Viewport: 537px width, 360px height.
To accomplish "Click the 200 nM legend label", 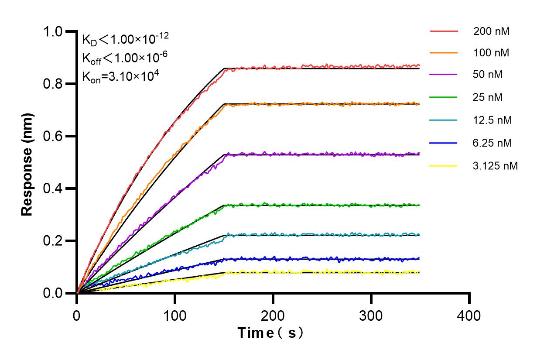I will pyautogui.click(x=492, y=31).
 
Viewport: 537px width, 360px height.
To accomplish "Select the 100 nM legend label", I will pyautogui.click(x=492, y=53).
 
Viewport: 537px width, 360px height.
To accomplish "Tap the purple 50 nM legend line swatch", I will pyautogui.click(x=444, y=75).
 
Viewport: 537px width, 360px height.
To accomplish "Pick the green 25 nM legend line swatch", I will pyautogui.click(x=444, y=97).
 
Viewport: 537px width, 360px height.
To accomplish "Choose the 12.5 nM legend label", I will pyautogui.click(x=493, y=120).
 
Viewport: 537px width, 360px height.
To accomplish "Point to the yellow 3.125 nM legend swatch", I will pyautogui.click(x=444, y=166).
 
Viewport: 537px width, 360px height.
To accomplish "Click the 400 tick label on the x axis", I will pyautogui.click(x=469, y=315).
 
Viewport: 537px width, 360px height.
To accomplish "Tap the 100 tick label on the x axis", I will pyautogui.click(x=175, y=315).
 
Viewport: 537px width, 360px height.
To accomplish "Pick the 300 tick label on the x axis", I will pyautogui.click(x=371, y=315).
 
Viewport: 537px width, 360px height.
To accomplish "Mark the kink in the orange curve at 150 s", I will pyautogui.click(x=224, y=105).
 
